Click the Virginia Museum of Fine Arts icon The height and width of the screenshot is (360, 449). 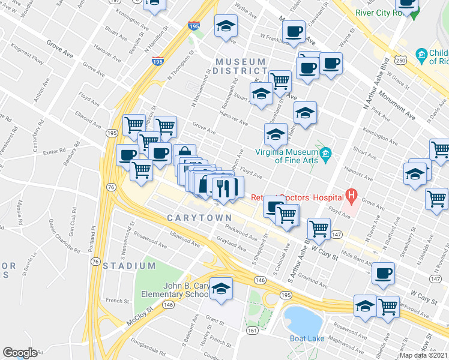pos(325,155)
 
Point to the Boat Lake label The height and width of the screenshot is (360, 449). pos(307,338)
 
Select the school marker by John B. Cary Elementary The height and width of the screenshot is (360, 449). pos(221,289)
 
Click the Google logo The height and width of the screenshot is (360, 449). pos(20,353)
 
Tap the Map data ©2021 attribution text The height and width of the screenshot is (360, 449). pos(424,355)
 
